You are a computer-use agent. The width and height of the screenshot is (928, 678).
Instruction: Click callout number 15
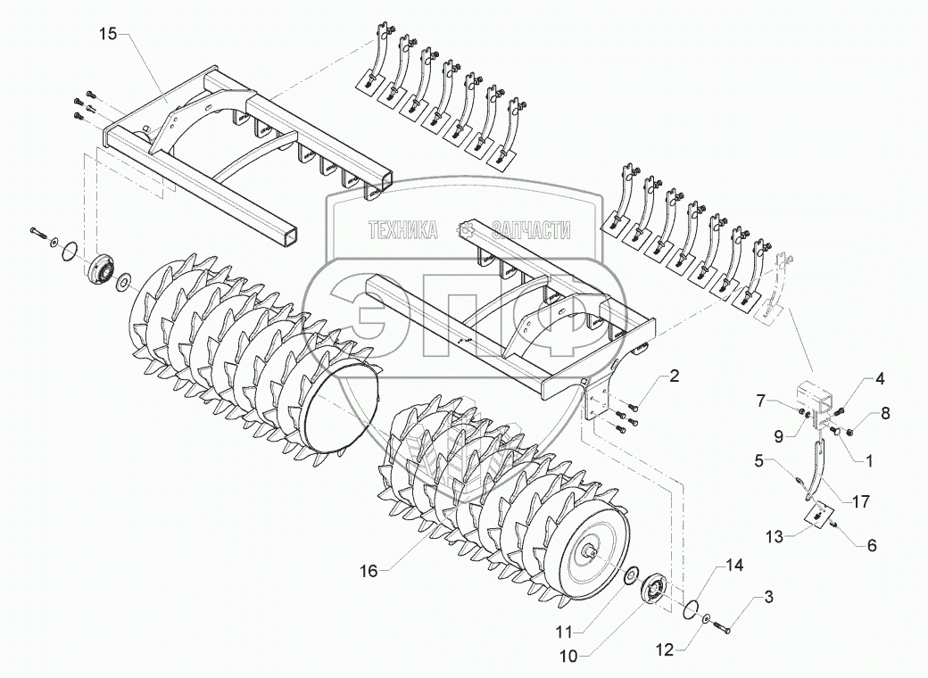coord(109,34)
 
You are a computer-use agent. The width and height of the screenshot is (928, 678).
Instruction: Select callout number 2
coord(675,376)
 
